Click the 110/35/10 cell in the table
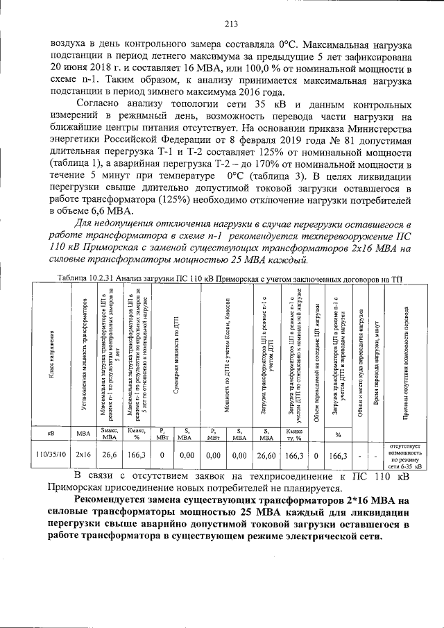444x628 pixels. [x=51, y=455]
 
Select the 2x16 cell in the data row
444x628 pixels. [x=84, y=455]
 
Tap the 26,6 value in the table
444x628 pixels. [x=110, y=455]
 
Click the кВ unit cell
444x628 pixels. [x=51, y=433]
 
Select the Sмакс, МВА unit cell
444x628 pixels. [x=110, y=433]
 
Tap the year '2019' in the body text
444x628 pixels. [x=253, y=141]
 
